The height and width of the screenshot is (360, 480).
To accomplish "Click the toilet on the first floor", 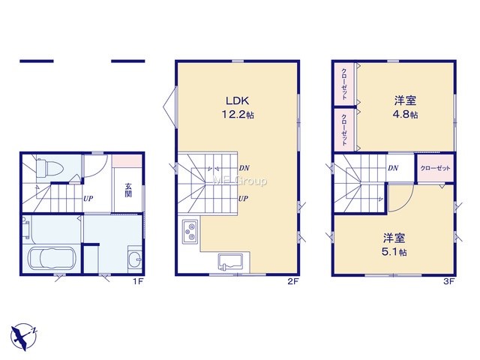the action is point(49,168).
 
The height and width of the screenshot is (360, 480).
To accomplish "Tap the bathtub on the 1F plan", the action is point(51,259).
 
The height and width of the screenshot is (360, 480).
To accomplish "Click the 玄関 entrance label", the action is point(128,190).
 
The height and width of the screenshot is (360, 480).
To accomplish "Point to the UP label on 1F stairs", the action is point(88,199).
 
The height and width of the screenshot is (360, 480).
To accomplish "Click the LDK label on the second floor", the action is point(237,100).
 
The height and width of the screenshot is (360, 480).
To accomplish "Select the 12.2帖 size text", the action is point(238,115).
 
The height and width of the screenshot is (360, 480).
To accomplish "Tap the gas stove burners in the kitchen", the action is point(190,232).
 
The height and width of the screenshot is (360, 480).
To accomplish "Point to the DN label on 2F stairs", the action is point(244,168).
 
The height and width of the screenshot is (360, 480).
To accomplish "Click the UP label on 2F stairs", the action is point(243,199).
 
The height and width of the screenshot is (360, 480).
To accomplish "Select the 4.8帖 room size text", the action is point(405,115).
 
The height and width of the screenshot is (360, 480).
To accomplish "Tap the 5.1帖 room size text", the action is point(394,252).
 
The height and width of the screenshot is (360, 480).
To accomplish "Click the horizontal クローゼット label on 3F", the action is point(435,168).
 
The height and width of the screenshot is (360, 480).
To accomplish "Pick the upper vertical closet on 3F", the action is point(344,84).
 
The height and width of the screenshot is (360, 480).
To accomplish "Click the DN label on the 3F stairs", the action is point(393,168).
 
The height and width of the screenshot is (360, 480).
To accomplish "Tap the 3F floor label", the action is point(448,281).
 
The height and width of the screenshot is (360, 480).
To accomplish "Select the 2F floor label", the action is point(292,281).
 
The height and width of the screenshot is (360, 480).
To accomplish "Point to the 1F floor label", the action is point(138,281).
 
